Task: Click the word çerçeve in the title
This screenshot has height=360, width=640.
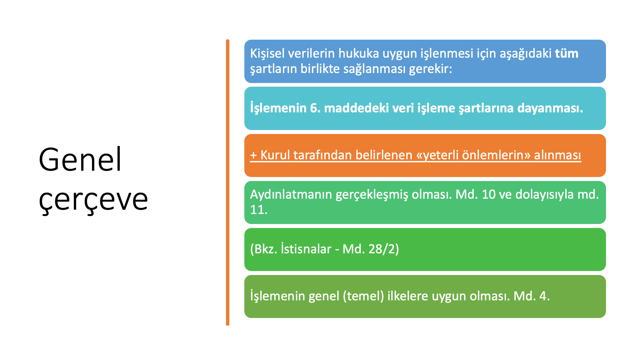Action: [x=93, y=201]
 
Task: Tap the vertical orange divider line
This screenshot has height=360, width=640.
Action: [x=228, y=182]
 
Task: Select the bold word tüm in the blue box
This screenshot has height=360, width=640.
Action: [x=567, y=53]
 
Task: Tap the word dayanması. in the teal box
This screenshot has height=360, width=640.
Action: [x=550, y=108]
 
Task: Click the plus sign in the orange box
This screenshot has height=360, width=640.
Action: [x=253, y=155]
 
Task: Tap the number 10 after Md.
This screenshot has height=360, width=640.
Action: [x=489, y=195]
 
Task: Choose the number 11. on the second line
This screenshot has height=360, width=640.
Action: [x=259, y=210]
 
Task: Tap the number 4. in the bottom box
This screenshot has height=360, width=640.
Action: [x=544, y=296]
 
